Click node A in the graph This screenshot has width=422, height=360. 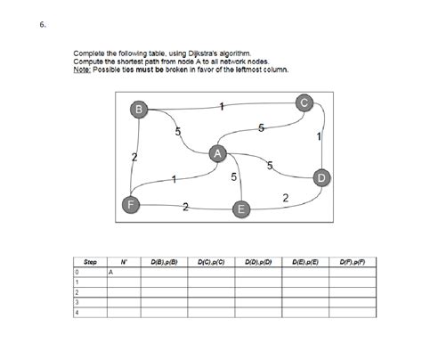tap(217, 153)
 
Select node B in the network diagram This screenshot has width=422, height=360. tap(138, 109)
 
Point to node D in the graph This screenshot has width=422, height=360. tap(321, 179)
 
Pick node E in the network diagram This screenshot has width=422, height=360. tap(239, 210)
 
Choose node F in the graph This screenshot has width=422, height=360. tap(131, 204)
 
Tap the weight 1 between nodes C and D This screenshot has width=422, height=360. tap(318, 136)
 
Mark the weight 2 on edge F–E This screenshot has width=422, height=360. tap(185, 208)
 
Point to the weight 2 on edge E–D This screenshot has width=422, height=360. tap(284, 197)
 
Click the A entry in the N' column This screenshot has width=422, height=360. tap(110, 272)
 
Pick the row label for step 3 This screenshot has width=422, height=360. tap(77, 302)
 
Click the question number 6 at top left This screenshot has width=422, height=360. tap(42, 24)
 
